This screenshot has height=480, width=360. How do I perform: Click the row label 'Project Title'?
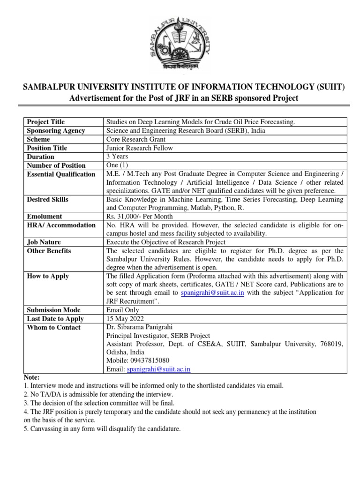coord(46,122)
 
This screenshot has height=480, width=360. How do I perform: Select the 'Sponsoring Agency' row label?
coord(56,131)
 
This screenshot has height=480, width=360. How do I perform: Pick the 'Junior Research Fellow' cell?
coord(140,148)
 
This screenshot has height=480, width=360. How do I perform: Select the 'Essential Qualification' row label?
coord(61,174)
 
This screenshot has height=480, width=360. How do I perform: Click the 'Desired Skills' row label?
coord(48,200)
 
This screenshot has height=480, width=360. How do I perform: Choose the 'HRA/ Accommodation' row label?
coord(61,225)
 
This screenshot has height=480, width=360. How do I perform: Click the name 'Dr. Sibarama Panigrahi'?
coord(142,327)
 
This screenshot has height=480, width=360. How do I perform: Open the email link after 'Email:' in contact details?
coord(157,369)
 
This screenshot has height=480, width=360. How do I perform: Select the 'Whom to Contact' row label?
coord(54,327)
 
